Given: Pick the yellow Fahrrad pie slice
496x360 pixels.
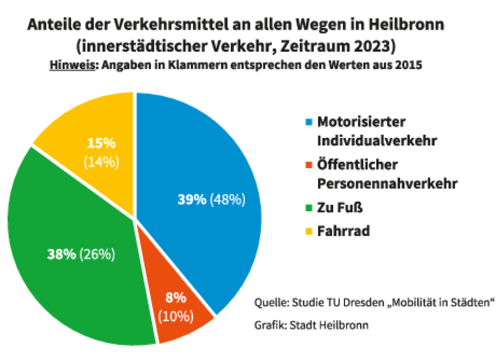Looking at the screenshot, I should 93,124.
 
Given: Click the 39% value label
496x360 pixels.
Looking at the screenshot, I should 192,200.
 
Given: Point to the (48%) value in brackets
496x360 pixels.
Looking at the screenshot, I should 228,200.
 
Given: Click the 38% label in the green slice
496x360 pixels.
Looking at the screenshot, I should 61,253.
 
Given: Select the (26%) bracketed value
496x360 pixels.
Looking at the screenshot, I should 97,253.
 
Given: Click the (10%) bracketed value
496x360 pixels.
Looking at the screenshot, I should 176,315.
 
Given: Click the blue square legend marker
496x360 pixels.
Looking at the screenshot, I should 308,121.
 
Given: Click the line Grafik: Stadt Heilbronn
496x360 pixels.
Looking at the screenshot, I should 311,325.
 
